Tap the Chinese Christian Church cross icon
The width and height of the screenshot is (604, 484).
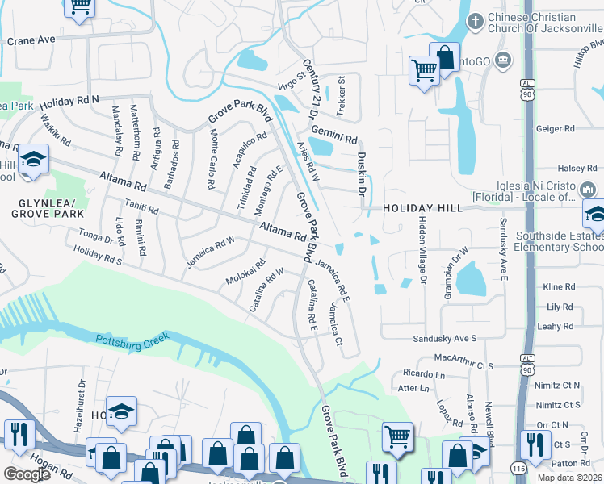475,19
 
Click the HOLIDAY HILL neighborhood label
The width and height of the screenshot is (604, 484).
423,208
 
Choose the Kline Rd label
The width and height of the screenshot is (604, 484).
558,287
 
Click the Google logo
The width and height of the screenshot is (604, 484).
27,474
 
